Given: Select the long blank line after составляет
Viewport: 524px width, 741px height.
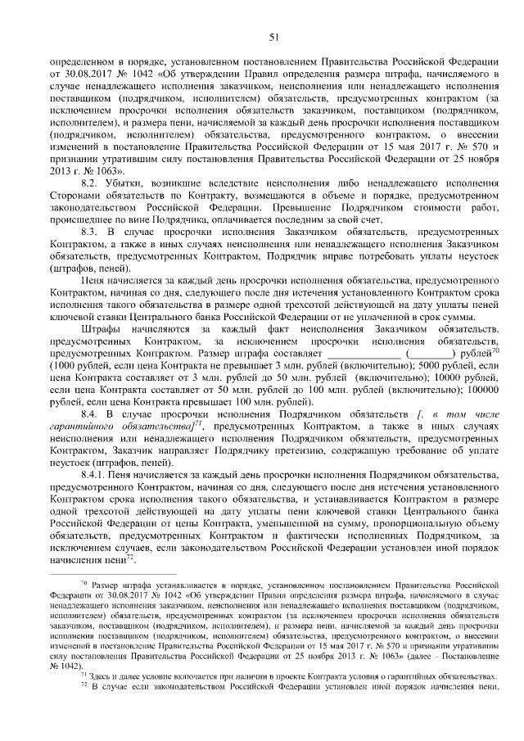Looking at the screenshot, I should pos(362,354).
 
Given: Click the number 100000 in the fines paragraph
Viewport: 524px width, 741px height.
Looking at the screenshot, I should pos(481,391).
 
